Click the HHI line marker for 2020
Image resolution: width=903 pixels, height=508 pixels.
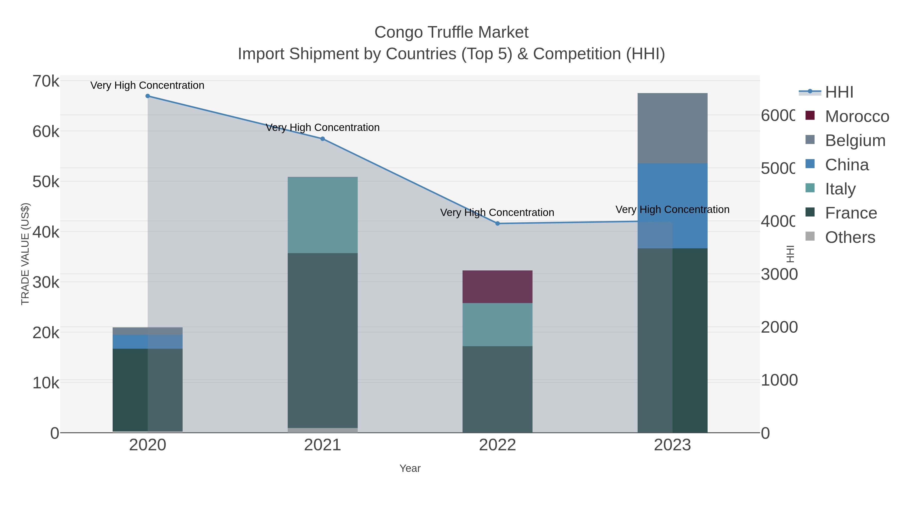[x=147, y=96]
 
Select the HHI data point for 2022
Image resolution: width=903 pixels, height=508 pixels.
[x=497, y=223]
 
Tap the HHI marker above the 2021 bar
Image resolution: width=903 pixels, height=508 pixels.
[x=323, y=139]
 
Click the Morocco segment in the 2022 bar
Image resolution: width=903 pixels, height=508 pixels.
[x=497, y=286]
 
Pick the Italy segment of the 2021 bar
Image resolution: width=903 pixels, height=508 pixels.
[x=323, y=215]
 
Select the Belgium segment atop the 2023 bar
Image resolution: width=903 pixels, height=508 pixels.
[x=672, y=128]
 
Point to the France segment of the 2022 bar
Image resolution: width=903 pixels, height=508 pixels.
[x=497, y=389]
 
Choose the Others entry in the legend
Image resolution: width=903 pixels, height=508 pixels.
[x=850, y=237]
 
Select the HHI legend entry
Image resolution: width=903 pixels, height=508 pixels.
[x=839, y=92]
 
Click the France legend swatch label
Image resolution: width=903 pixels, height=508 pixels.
[x=851, y=213]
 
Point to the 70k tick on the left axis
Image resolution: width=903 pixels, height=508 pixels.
[x=46, y=81]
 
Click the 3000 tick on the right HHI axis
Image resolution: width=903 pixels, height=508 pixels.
[x=779, y=274]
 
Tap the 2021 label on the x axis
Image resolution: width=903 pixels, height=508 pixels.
[x=323, y=445]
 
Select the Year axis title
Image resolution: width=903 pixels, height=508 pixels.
[x=410, y=468]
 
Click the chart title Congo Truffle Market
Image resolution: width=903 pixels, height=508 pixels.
[x=451, y=32]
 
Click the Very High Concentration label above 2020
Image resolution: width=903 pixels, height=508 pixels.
[x=147, y=85]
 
